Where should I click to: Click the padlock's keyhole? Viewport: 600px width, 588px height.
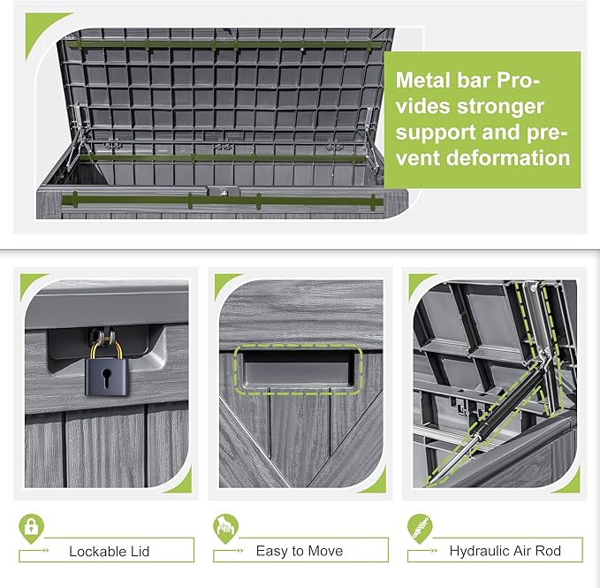tap(106, 381)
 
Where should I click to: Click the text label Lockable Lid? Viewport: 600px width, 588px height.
tap(110, 551)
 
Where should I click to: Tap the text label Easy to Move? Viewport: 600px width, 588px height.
tap(300, 551)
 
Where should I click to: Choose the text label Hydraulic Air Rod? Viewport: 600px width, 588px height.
tap(505, 551)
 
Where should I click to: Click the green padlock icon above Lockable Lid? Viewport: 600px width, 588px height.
tap(31, 528)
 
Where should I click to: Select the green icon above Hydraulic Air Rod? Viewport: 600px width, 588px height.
tap(419, 528)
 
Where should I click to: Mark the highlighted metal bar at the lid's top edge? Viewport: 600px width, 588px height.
tap(225, 41)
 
